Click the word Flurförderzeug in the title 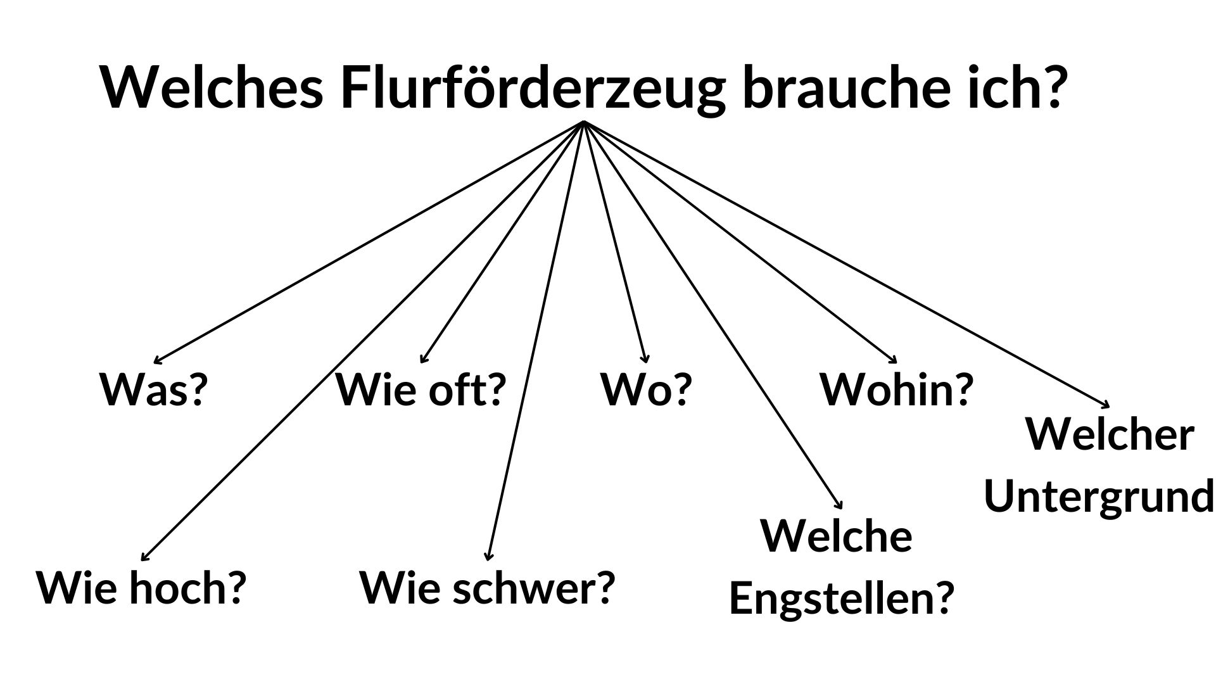(x=532, y=87)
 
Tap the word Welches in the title (x=212, y=87)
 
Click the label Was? (x=154, y=389)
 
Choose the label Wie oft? (x=421, y=389)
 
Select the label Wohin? (x=896, y=389)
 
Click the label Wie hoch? (x=141, y=588)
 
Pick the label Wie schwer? (x=488, y=588)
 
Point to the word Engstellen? (x=842, y=597)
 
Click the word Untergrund (x=1099, y=496)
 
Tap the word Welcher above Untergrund (x=1110, y=436)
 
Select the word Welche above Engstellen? (x=836, y=536)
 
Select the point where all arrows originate (x=583, y=122)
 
